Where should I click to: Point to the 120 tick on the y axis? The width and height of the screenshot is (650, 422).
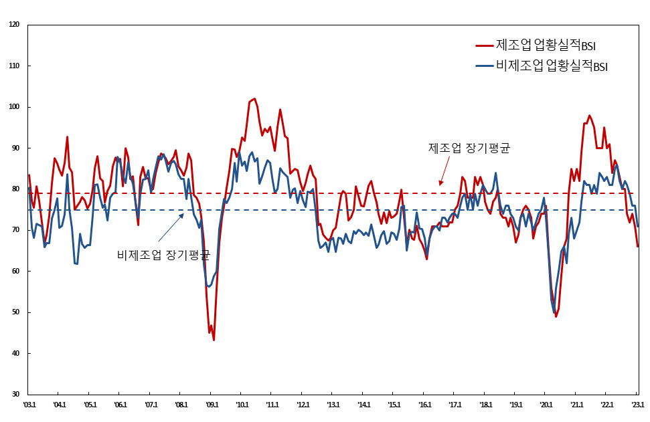pyautogui.click(x=15, y=25)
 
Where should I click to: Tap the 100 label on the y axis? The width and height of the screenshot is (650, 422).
pyautogui.click(x=15, y=107)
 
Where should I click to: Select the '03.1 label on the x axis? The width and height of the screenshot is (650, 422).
pyautogui.click(x=29, y=405)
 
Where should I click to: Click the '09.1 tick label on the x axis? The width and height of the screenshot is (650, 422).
pyautogui.click(x=212, y=405)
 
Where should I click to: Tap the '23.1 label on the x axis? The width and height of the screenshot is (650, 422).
pyautogui.click(x=637, y=405)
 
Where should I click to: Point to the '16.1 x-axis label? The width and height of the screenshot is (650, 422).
pyautogui.click(x=424, y=405)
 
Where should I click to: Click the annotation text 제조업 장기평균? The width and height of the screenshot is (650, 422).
pyautogui.click(x=469, y=148)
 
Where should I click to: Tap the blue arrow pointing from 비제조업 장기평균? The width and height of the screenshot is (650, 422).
pyautogui.click(x=170, y=227)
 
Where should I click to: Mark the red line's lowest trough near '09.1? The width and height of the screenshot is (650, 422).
pyautogui.click(x=214, y=340)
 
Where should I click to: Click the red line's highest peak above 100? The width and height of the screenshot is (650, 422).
pyautogui.click(x=254, y=99)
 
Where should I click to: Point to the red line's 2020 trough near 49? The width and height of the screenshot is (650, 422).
pyautogui.click(x=556, y=316)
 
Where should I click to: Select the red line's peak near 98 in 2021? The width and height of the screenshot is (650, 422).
pyautogui.click(x=589, y=115)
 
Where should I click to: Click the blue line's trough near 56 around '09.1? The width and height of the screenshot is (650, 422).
pyautogui.click(x=209, y=287)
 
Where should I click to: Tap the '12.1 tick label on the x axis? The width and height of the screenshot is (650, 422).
pyautogui.click(x=303, y=405)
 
